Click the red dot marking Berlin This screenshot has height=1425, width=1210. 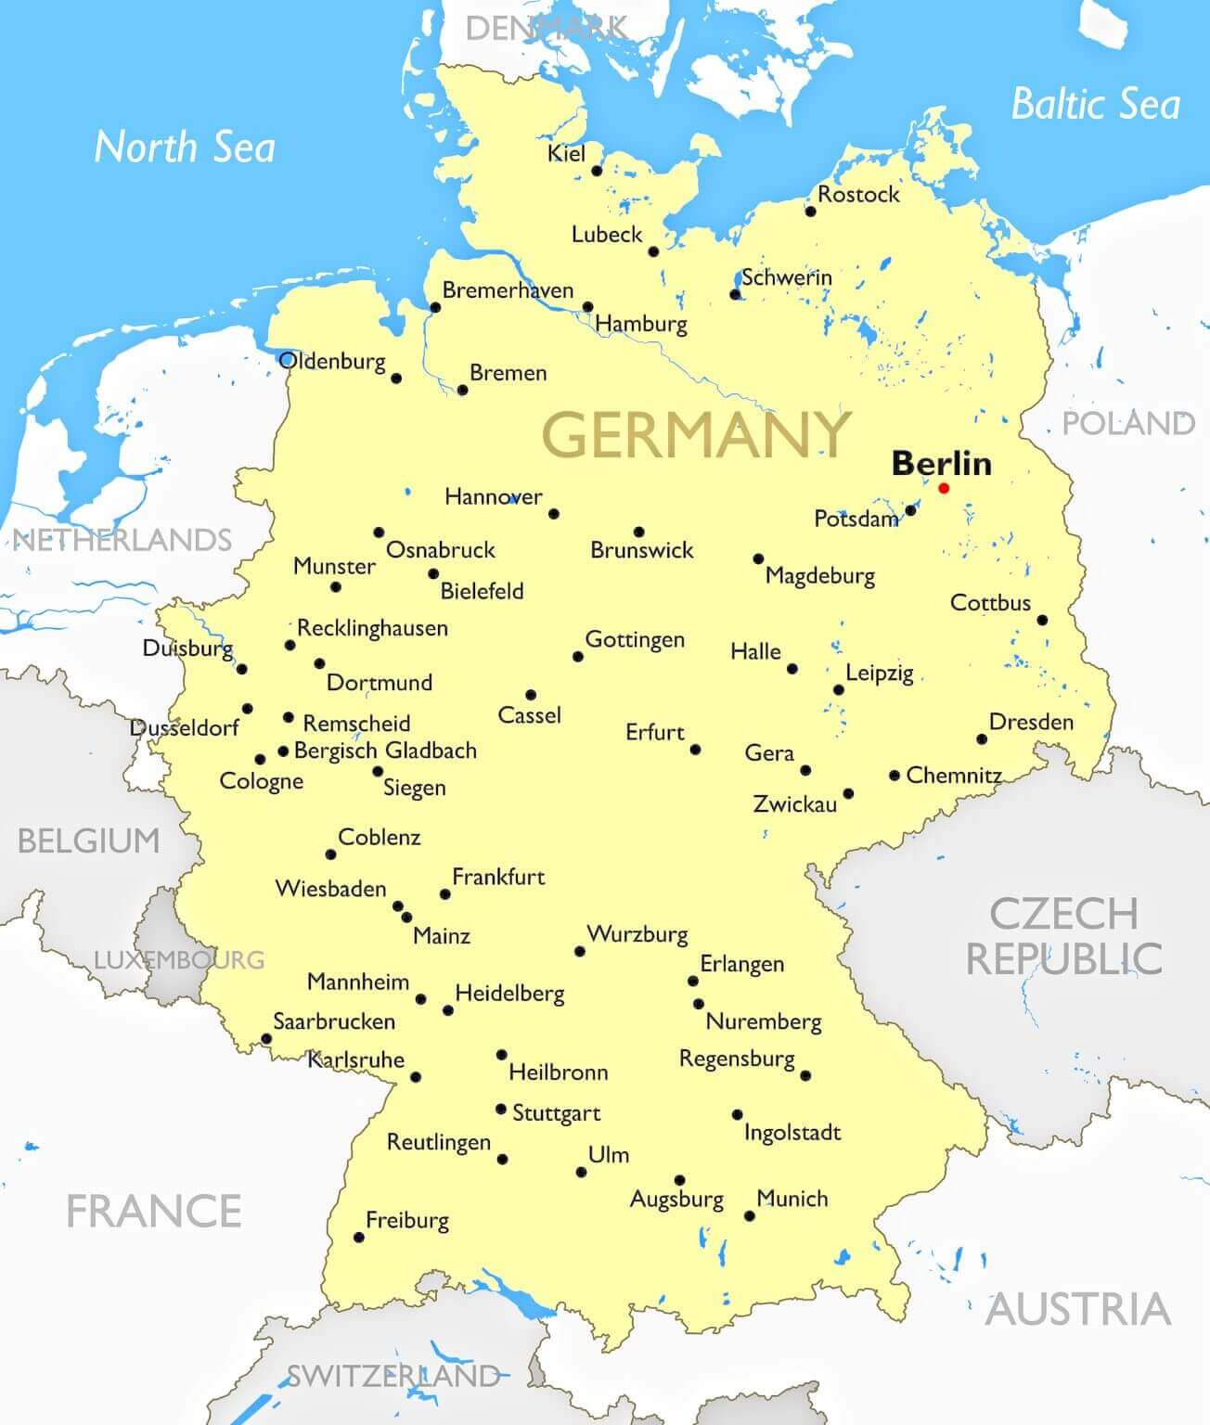coord(944,488)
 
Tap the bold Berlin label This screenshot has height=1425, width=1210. coord(941,463)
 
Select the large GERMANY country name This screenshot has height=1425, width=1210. coord(696,434)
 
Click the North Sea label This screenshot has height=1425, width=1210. coord(185,148)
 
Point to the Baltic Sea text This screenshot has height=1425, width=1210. coord(1095,103)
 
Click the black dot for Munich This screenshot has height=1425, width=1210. coord(750,1215)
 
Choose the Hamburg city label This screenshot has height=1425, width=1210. coord(641,324)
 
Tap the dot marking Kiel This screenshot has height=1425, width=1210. coord(597,171)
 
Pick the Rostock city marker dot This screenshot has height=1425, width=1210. coord(810,212)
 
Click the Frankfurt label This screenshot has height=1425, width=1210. coord(497,877)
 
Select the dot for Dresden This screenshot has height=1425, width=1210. coord(982,739)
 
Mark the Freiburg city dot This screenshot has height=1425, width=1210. coord(359,1237)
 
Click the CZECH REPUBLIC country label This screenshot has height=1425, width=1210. coord(1063,935)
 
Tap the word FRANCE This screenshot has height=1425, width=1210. coord(154,1211)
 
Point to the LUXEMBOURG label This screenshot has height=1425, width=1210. coord(179,959)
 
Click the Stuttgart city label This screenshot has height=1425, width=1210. coord(556,1113)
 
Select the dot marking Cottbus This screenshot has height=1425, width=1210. coord(1042,620)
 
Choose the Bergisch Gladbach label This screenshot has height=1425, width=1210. coord(385,751)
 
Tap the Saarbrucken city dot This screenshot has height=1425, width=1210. coord(266,1039)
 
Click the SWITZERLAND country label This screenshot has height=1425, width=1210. coord(393,1375)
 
